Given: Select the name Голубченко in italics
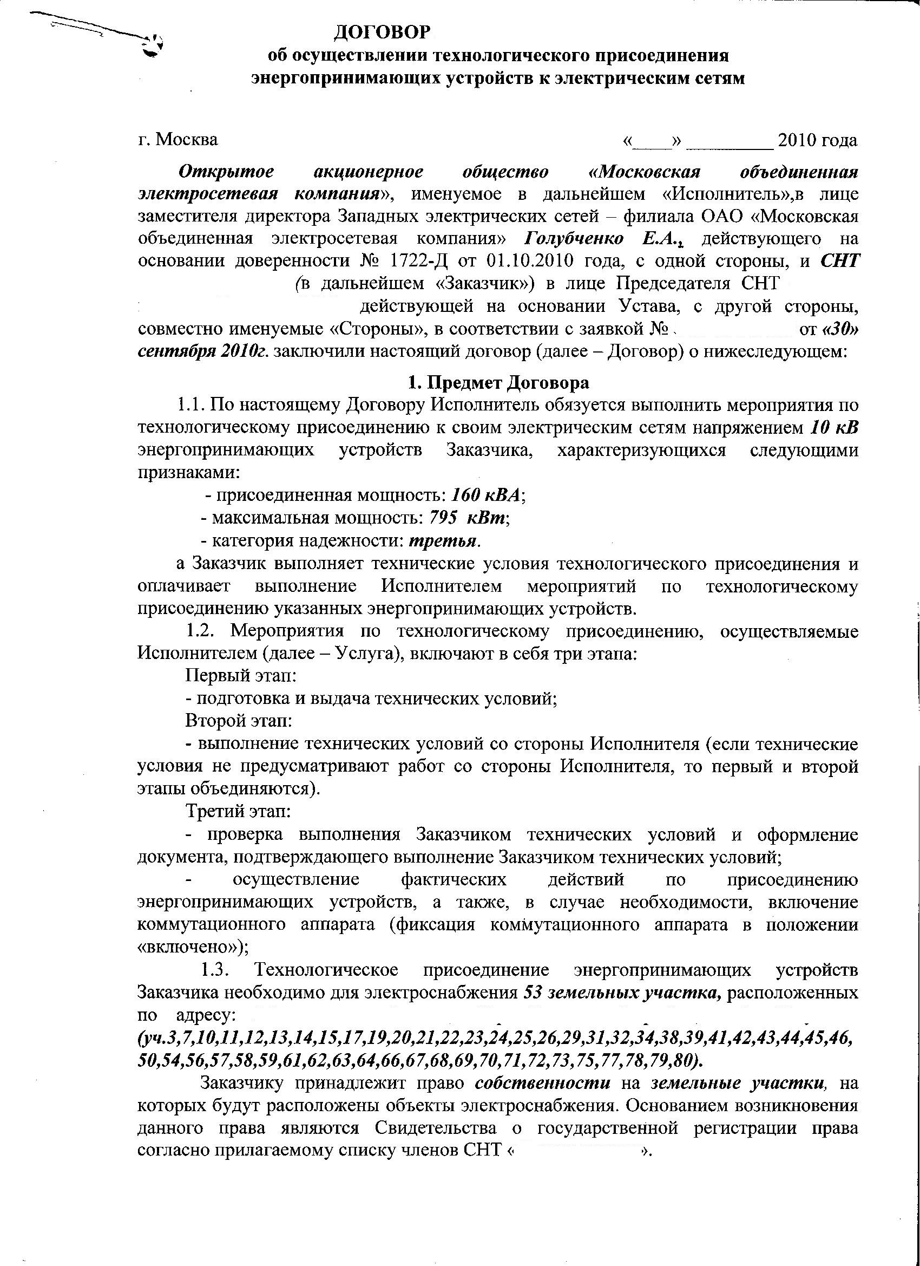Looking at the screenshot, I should (575, 239).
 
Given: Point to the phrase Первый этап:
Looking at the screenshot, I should (240, 676).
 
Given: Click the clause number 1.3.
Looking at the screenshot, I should (213, 970).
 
